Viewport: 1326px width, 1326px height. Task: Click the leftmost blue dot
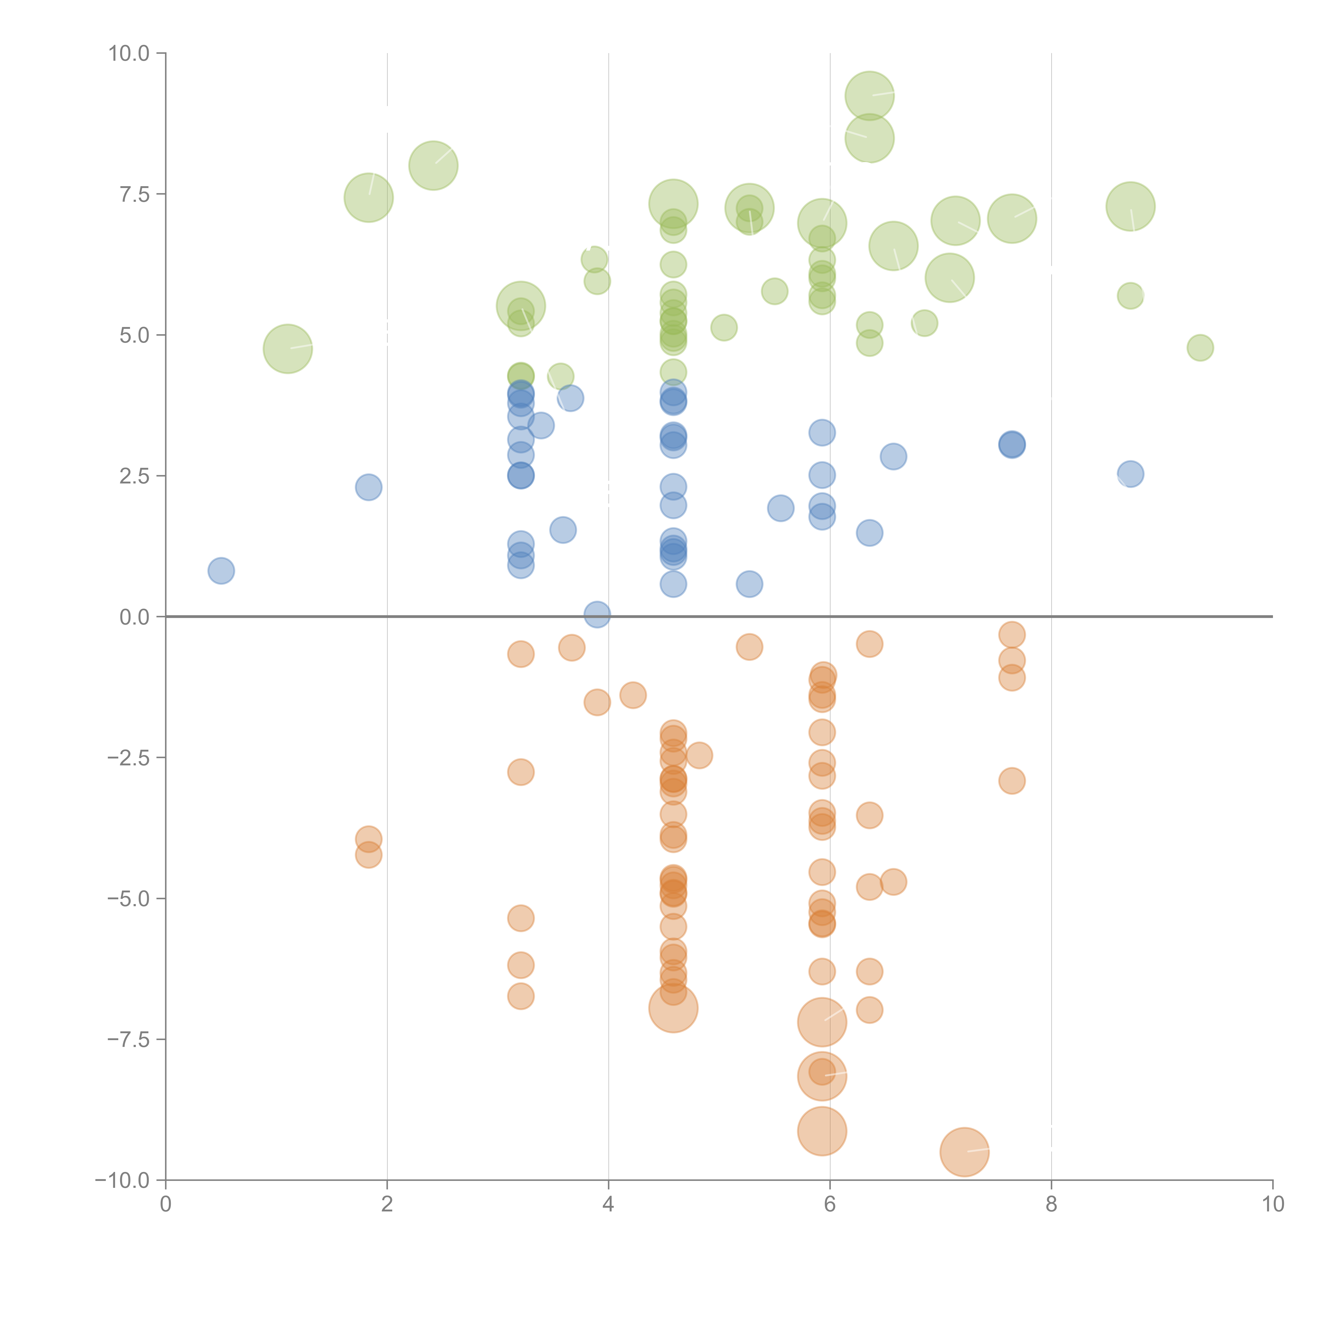(221, 570)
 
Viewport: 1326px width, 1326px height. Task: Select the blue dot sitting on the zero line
(597, 614)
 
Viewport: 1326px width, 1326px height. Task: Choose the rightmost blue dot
(1130, 474)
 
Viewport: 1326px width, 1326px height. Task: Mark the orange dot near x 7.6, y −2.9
(1012, 780)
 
